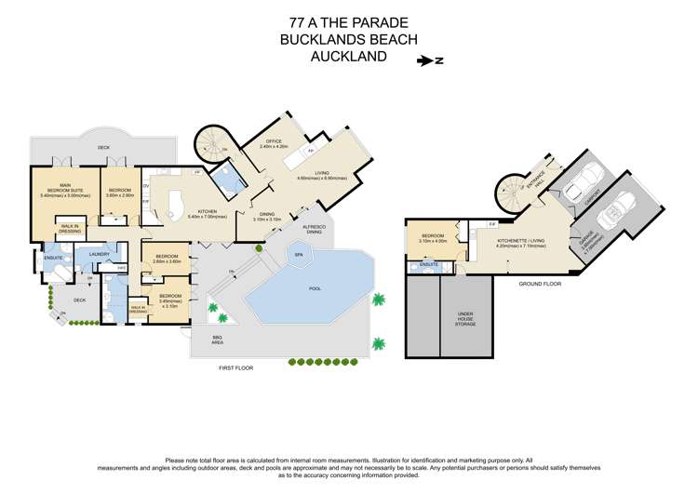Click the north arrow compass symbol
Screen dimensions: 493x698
tap(429, 61)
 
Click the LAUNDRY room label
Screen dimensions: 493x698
tap(100, 254)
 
